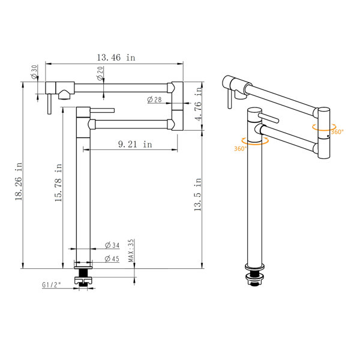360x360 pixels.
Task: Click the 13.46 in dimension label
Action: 116,58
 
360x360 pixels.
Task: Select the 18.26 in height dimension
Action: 19,181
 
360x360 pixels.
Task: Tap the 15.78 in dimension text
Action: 59,182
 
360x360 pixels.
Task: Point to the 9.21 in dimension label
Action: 135,144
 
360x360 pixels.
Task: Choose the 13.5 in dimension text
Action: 197,194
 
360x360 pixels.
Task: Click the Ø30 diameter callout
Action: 34,72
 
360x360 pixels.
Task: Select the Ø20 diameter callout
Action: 100,73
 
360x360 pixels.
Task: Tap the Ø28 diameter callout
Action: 155,100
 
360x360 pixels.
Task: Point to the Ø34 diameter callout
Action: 112,245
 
